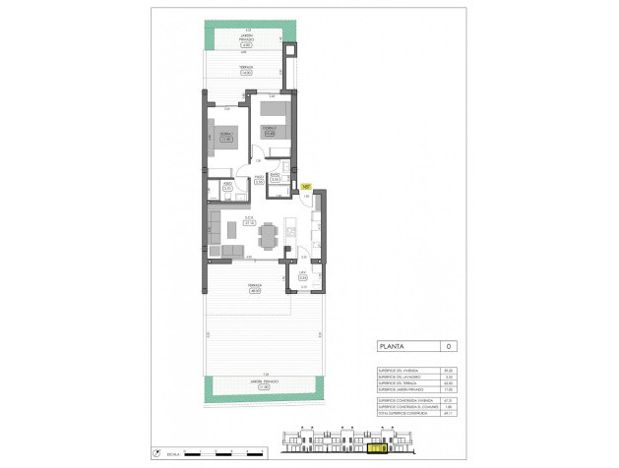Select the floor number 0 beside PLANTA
click(447, 346)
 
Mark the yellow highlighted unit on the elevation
click(375, 451)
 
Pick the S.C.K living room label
click(250, 219)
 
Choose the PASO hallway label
click(258, 178)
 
